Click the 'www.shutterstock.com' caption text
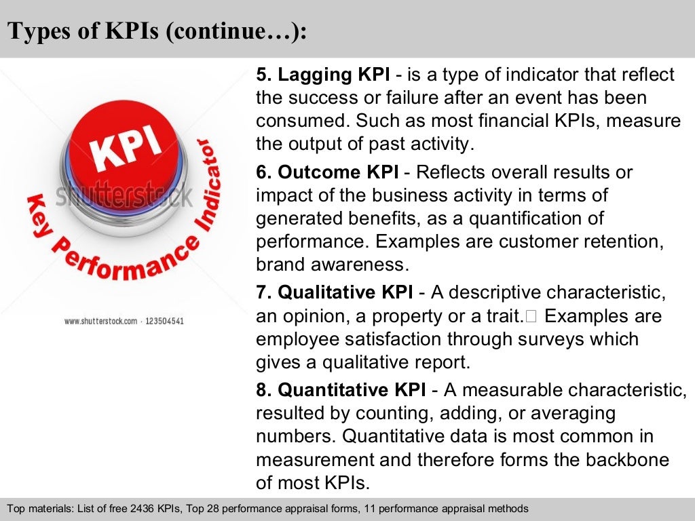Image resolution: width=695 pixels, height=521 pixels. (100, 321)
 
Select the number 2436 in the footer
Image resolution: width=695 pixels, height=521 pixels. (128, 508)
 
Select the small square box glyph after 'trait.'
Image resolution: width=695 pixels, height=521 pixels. (531, 316)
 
